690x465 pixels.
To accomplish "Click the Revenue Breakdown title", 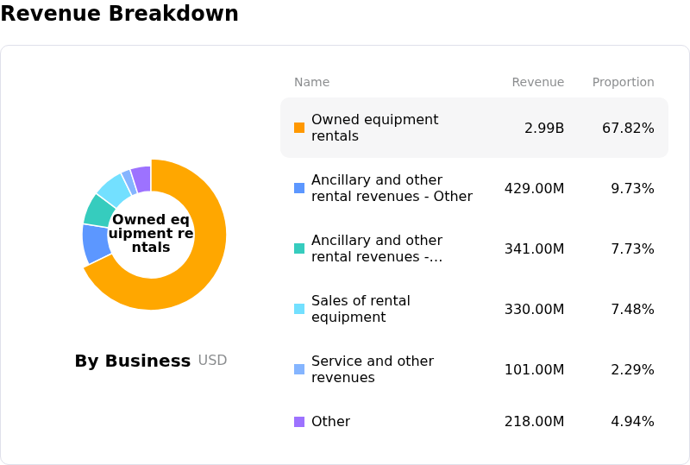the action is (x=119, y=13).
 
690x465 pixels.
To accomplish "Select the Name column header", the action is (x=311, y=82).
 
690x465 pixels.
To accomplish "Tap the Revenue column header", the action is (x=537, y=82).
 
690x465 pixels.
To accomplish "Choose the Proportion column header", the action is (x=623, y=82).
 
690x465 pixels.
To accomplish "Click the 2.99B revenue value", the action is (x=544, y=129).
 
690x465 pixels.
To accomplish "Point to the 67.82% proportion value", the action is (x=628, y=129).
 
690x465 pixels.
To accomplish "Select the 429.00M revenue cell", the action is (x=534, y=188).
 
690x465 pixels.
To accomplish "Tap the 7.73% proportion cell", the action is (x=632, y=248).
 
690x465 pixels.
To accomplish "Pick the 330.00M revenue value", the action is (x=534, y=309).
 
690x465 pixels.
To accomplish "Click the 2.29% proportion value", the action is (x=632, y=369).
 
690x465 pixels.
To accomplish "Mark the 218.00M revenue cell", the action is (x=534, y=421).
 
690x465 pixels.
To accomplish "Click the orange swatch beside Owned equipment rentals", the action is (x=299, y=128).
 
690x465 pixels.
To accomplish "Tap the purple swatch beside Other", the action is (x=299, y=422).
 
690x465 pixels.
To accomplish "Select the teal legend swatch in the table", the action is (x=299, y=248).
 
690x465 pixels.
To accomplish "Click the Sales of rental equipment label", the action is (x=361, y=309).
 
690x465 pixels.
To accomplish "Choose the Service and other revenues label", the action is (x=373, y=369).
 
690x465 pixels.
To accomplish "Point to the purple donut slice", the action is (x=141, y=179).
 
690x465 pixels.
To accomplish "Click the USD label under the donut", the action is (x=212, y=361).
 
